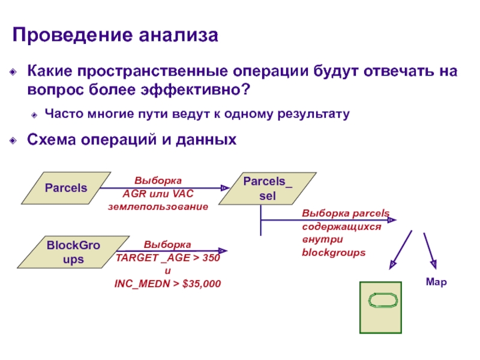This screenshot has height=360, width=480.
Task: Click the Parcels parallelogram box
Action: pos(66,188)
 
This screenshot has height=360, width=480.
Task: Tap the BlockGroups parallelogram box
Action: pos(66,253)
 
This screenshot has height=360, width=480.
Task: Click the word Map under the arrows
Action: pos(436,281)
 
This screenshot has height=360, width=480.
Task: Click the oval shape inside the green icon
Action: pos(382,299)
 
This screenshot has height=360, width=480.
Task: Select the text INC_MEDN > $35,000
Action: pos(167,283)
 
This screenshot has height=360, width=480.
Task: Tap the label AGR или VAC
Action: pos(158,193)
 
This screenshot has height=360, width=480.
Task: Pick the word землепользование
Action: pos(158,206)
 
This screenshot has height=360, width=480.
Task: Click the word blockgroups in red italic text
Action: pos(334,253)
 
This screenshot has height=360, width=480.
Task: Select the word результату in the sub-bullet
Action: pos(316,113)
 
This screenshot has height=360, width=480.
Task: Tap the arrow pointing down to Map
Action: pos(429,248)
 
